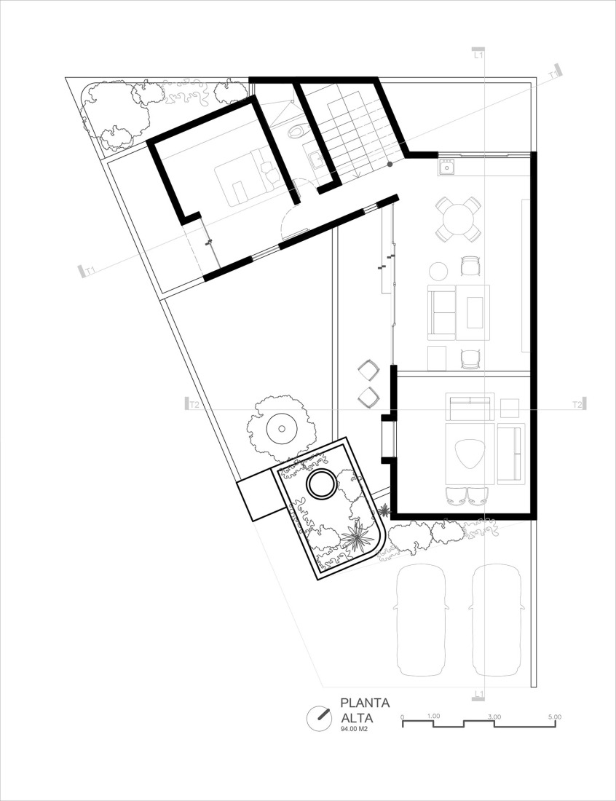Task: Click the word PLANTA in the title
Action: tap(365, 703)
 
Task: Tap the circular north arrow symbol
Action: tap(318, 718)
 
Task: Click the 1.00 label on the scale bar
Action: tap(433, 716)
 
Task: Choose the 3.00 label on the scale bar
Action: tap(494, 716)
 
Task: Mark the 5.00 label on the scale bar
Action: tap(554, 716)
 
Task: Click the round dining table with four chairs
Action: tap(459, 218)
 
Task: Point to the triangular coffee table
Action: tap(470, 454)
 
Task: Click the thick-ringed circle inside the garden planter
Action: tap(320, 484)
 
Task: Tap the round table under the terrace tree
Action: tap(281, 427)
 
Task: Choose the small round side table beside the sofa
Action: tap(438, 271)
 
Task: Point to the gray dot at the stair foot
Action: tap(390, 165)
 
